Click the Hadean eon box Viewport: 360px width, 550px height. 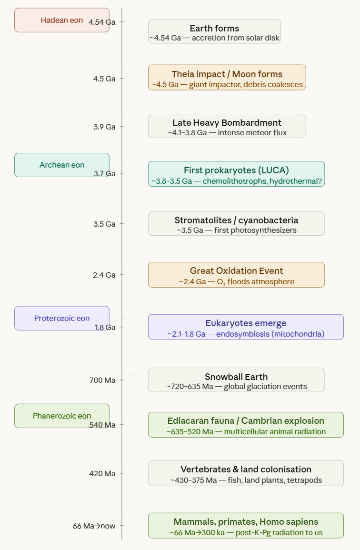tap(62, 20)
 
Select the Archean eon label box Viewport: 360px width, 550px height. tap(62, 165)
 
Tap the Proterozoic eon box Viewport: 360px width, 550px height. tap(62, 318)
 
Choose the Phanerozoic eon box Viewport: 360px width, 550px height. tap(62, 416)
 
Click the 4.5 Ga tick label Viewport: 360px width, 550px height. tap(104, 79)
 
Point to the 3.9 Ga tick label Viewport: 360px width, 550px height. tap(104, 127)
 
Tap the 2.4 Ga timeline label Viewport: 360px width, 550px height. tap(104, 275)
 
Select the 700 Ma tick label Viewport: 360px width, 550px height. tap(102, 380)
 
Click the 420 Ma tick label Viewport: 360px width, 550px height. tap(102, 473)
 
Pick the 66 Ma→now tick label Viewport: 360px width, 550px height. tap(94, 526)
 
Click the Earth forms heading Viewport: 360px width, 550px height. tap(214, 28)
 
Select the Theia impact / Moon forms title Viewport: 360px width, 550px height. tap(227, 74)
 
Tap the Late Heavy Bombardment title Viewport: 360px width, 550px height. tap(227, 122)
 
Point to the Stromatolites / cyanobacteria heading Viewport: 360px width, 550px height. tap(236, 220)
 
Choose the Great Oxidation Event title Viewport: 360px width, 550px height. tap(236, 270)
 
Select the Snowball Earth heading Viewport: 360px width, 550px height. tap(236, 377)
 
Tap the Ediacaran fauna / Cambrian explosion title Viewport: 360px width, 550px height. tap(246, 420)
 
